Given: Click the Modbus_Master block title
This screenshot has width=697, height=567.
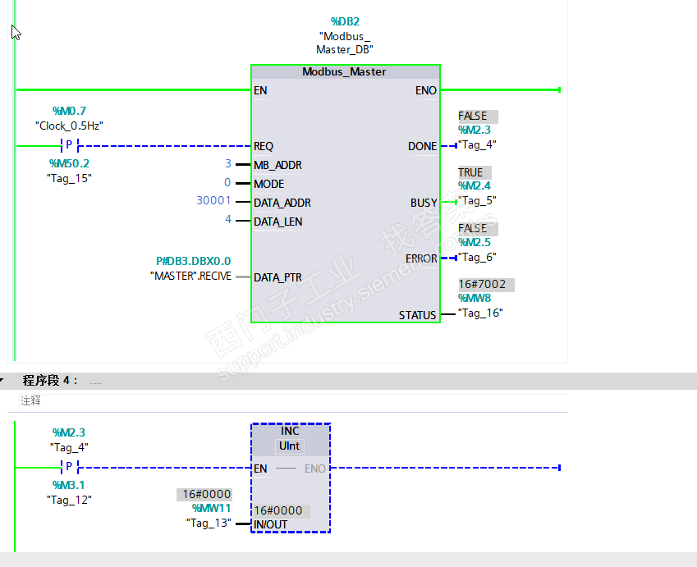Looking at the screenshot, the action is [x=344, y=72].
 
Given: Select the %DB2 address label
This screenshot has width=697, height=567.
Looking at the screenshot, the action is [x=345, y=21].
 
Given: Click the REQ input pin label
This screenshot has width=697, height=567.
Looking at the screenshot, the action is [x=264, y=146].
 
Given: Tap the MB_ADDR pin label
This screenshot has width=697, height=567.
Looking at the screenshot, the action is [x=277, y=165].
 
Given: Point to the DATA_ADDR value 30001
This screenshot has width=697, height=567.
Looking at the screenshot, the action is [x=213, y=201].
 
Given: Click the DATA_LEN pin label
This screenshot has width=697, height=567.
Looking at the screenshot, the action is [x=277, y=222].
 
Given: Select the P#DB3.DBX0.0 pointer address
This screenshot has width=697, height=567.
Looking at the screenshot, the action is [x=194, y=261].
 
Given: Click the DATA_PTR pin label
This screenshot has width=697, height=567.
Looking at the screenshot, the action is [x=277, y=277].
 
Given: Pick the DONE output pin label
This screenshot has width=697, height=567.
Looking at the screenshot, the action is [x=422, y=146].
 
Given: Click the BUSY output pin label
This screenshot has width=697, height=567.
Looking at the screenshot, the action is [x=424, y=203].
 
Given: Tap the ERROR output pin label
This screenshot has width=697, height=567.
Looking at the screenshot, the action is [x=421, y=258].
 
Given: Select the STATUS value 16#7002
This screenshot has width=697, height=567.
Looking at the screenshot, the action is [x=482, y=285].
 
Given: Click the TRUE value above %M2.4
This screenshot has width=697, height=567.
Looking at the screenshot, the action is [x=470, y=172].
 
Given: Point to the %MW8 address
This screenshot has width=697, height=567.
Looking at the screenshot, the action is [x=475, y=298].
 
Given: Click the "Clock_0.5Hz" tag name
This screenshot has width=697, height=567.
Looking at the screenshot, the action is [x=69, y=126].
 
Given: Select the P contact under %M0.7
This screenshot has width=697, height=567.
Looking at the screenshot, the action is [x=69, y=145].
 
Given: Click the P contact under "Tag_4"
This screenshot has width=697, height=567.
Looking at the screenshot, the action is [x=69, y=467].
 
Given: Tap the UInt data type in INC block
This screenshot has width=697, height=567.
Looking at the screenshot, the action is [x=289, y=446].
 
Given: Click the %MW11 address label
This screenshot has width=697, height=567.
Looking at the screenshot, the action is [x=212, y=508].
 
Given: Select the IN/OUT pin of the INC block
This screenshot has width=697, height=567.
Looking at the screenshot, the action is [x=270, y=525].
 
